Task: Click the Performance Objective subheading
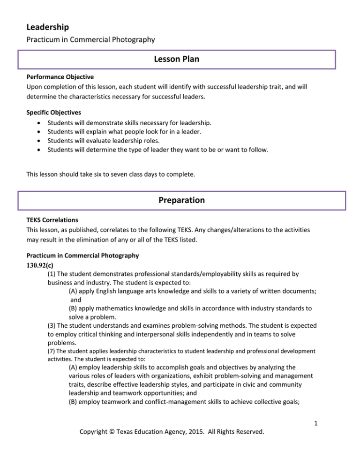54,75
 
